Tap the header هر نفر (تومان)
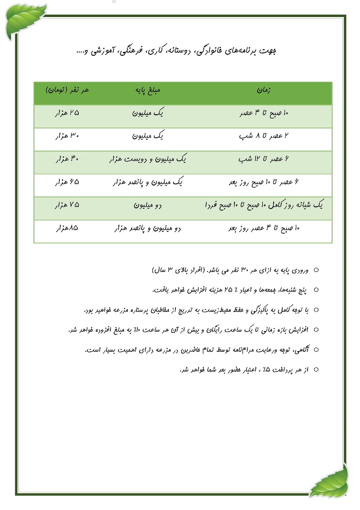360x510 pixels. (67, 90)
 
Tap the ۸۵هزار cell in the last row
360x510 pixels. (67, 228)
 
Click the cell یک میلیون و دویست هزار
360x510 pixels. (148, 159)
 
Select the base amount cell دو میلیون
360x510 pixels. (148, 205)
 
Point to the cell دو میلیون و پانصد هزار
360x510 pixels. (148, 228)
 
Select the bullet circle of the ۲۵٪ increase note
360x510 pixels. (316, 290)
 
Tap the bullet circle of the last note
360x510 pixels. (316, 370)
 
